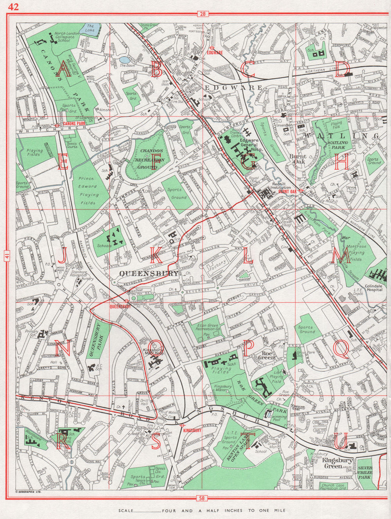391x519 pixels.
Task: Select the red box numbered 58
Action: pos(202,498)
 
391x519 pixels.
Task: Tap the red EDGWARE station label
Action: pos(215,52)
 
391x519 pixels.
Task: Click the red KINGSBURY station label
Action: pos(192,430)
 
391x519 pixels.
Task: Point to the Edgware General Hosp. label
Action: pos(251,144)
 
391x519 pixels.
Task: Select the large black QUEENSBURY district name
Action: pos(149,273)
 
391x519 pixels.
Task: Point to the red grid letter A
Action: pos(63,69)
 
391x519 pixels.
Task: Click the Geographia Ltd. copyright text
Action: pos(29,492)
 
